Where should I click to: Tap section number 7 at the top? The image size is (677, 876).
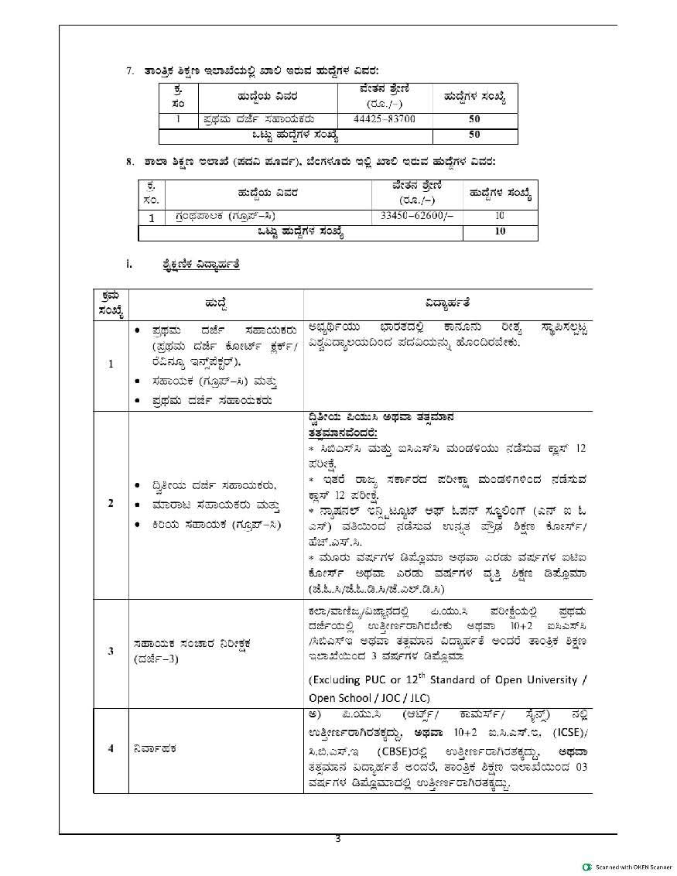click(x=131, y=71)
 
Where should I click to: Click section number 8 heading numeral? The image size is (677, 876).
click(x=131, y=162)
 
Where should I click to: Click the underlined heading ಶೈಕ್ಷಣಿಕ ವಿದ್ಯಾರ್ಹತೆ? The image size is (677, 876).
click(x=197, y=265)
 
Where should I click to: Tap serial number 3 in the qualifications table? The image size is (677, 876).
click(x=111, y=651)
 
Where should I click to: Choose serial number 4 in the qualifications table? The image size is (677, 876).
click(x=111, y=748)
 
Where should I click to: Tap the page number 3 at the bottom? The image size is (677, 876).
click(x=338, y=839)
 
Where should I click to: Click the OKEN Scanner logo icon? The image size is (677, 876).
click(x=587, y=865)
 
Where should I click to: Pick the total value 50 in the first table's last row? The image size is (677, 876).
click(x=474, y=135)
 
